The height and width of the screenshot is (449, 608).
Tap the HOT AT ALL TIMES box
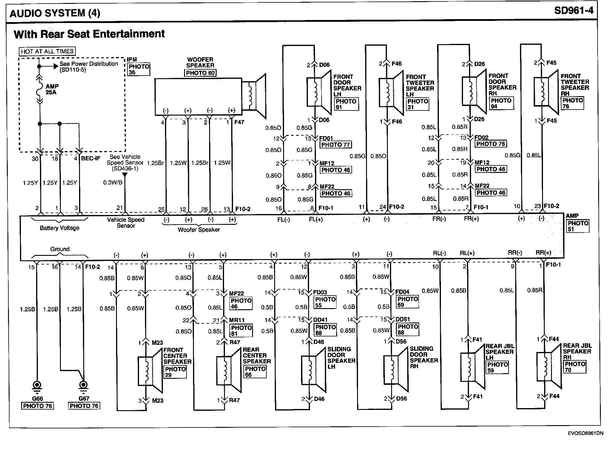(47, 51)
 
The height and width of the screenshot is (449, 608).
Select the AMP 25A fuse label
(52, 89)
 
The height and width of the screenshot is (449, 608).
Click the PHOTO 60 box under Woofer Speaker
(200, 73)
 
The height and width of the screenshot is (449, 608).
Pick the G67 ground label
(84, 399)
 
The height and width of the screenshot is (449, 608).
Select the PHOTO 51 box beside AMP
(578, 226)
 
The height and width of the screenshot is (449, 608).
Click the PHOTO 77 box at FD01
(336, 145)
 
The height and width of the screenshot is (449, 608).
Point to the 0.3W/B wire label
(113, 183)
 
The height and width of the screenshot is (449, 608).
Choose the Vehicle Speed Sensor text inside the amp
(126, 223)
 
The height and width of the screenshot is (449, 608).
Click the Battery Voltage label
(60, 228)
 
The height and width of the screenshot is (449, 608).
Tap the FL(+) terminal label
(316, 219)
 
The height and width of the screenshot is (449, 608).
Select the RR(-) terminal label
(515, 253)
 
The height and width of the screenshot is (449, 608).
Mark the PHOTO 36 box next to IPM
(139, 69)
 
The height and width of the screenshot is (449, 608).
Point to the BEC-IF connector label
(91, 158)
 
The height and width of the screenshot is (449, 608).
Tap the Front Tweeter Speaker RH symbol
(546, 92)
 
